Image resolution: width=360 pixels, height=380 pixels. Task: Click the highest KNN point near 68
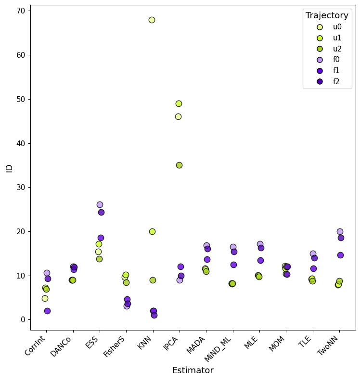pos(152,20)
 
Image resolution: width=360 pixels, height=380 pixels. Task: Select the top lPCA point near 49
pos(179,103)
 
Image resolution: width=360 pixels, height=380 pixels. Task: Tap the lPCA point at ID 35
pos(179,165)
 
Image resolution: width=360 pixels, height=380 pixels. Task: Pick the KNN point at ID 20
pos(152,231)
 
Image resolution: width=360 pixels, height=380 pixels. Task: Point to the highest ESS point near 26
pos(100,204)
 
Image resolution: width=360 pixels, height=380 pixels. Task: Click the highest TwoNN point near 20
pos(340,231)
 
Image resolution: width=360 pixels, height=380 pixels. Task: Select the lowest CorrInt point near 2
pos(47,311)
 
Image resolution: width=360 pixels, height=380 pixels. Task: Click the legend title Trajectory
pos(327,15)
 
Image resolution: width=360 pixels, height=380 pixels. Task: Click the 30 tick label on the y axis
pos(22,187)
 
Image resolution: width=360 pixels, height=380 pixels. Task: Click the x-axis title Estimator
pos(193,370)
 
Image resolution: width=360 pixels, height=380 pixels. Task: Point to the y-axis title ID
pos(9,168)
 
